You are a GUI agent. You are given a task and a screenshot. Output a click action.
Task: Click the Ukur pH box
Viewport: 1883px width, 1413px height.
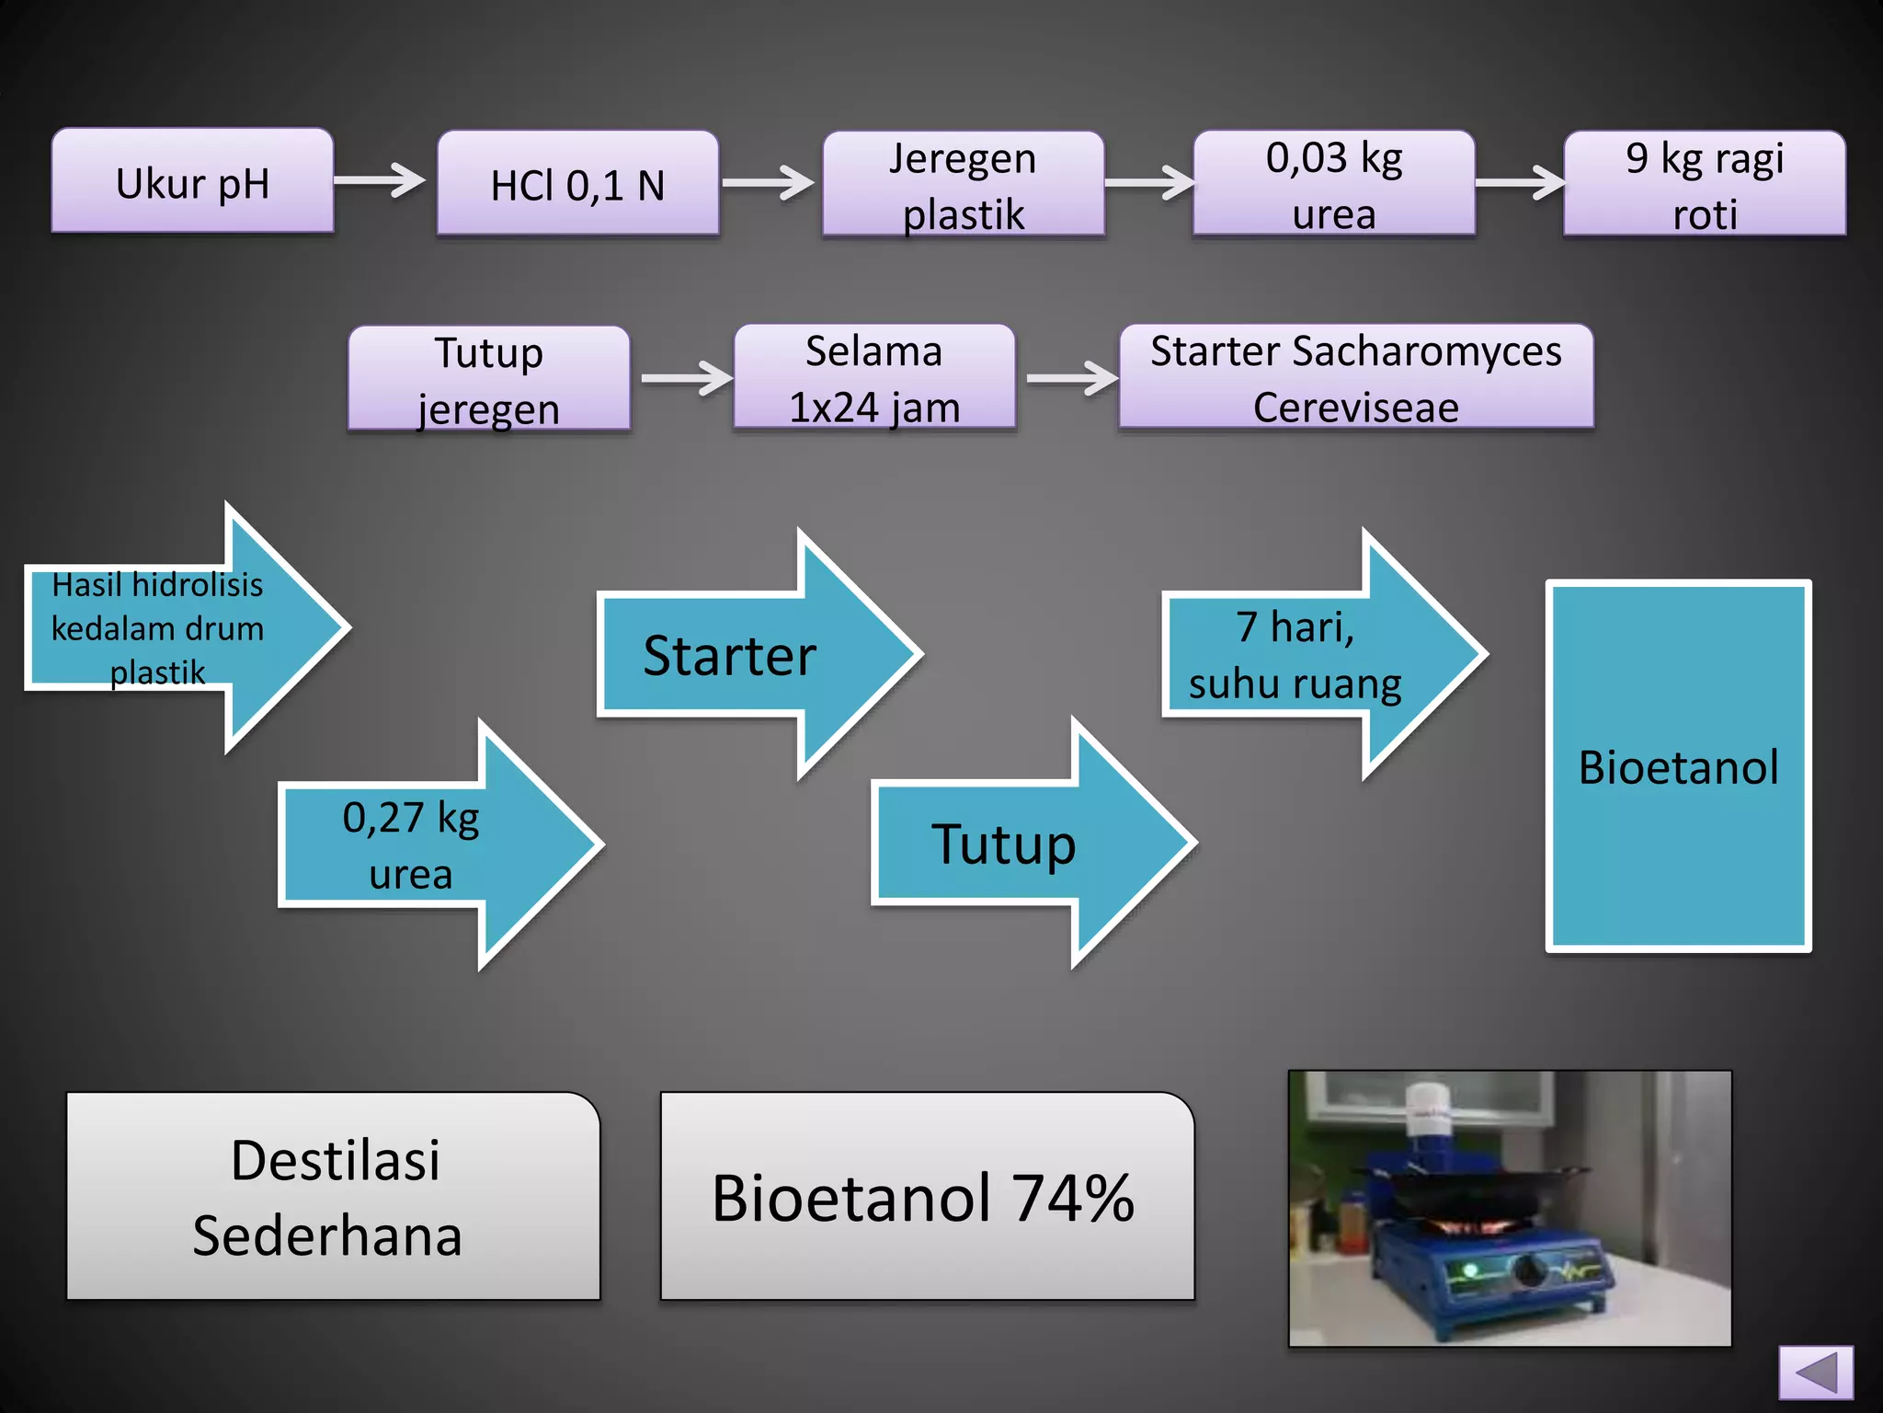click(192, 181)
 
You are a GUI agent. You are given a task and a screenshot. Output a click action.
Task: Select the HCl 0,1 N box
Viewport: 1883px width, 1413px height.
click(577, 183)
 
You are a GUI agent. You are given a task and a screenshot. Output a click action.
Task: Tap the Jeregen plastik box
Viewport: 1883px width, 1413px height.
click(963, 184)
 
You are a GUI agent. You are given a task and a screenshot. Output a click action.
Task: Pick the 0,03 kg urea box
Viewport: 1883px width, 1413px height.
click(1334, 183)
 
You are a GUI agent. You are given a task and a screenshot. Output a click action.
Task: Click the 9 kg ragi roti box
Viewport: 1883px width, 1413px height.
click(1705, 183)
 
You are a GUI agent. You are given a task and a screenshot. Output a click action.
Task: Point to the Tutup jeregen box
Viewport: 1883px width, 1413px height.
click(488, 378)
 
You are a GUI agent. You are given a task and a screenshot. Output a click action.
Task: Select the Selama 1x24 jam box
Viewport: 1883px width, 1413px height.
click(874, 377)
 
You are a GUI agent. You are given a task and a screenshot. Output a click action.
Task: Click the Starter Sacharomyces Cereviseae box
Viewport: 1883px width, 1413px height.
click(1356, 377)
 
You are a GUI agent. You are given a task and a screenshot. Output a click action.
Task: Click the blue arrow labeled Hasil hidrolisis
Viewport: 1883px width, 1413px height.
click(175, 628)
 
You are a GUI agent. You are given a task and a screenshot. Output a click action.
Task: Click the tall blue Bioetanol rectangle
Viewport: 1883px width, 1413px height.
click(1678, 766)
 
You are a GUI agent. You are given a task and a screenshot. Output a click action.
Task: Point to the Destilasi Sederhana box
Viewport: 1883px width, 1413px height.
click(333, 1196)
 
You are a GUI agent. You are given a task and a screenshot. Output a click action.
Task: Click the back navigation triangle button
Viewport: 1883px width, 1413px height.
click(1816, 1373)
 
